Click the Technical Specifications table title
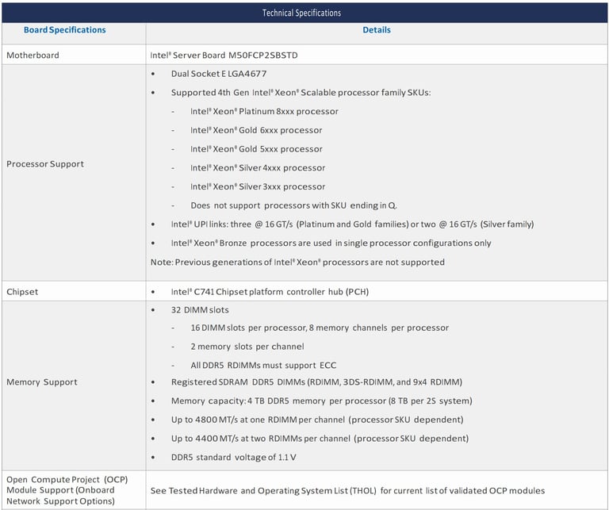click(301, 13)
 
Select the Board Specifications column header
click(64, 30)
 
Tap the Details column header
click(377, 30)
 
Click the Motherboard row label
click(33, 56)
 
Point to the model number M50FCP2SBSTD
click(263, 56)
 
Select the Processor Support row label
click(44, 164)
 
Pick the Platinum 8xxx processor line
click(264, 112)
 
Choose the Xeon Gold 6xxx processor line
click(256, 130)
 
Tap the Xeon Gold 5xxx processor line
click(256, 149)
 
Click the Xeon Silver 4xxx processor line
click(258, 168)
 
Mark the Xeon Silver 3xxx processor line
click(258, 187)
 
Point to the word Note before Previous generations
click(161, 263)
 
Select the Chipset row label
click(22, 292)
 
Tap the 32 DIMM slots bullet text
click(200, 310)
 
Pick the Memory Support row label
click(41, 382)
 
